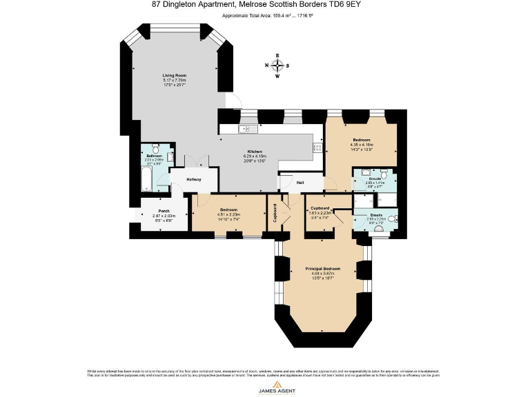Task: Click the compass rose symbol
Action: click(277, 66)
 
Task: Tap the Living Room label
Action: click(174, 75)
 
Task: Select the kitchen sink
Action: click(247, 129)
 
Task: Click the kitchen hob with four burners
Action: click(317, 147)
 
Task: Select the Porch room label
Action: click(164, 211)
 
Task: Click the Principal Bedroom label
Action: click(323, 268)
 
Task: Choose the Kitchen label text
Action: click(255, 152)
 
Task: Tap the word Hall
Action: click(300, 183)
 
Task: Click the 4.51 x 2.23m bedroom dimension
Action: click(228, 214)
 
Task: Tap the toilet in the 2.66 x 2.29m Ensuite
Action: click(391, 219)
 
